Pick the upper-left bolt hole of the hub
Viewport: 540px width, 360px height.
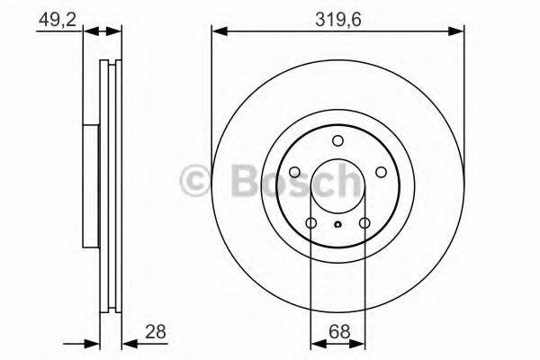294,172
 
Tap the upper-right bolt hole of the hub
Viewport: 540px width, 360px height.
381,172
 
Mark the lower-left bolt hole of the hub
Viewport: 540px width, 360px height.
310,223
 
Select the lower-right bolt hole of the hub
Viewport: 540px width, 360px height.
364,223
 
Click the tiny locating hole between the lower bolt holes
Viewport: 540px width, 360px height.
337,226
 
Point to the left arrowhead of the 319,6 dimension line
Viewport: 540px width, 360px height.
218,31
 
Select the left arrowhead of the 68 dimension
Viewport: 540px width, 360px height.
316,343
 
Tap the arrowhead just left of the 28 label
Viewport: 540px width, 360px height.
126,343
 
